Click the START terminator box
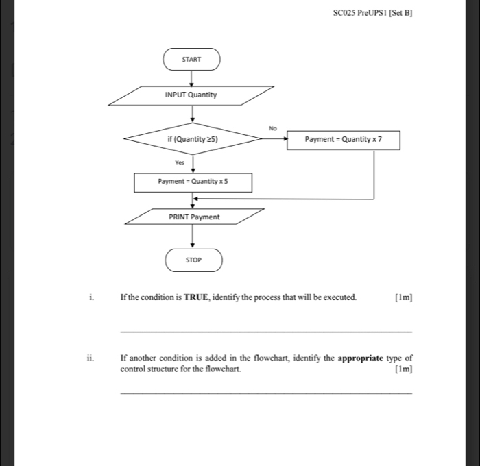click(x=191, y=60)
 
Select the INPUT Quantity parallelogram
click(x=191, y=95)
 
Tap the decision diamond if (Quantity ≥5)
click(x=193, y=139)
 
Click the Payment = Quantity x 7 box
click(x=343, y=140)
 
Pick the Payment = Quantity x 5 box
click(x=193, y=182)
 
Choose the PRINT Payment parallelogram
click(x=194, y=217)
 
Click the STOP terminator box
click(x=193, y=260)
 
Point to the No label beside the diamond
click(x=272, y=128)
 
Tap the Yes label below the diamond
click(x=180, y=163)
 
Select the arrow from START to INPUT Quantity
click(x=192, y=77)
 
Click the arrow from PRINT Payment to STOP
click(x=193, y=237)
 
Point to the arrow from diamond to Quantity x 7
click(x=274, y=140)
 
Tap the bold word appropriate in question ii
click(x=368, y=358)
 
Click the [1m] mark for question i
click(x=404, y=297)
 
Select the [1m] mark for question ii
click(x=404, y=369)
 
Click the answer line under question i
click(x=266, y=331)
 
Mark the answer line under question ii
click(x=266, y=393)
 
